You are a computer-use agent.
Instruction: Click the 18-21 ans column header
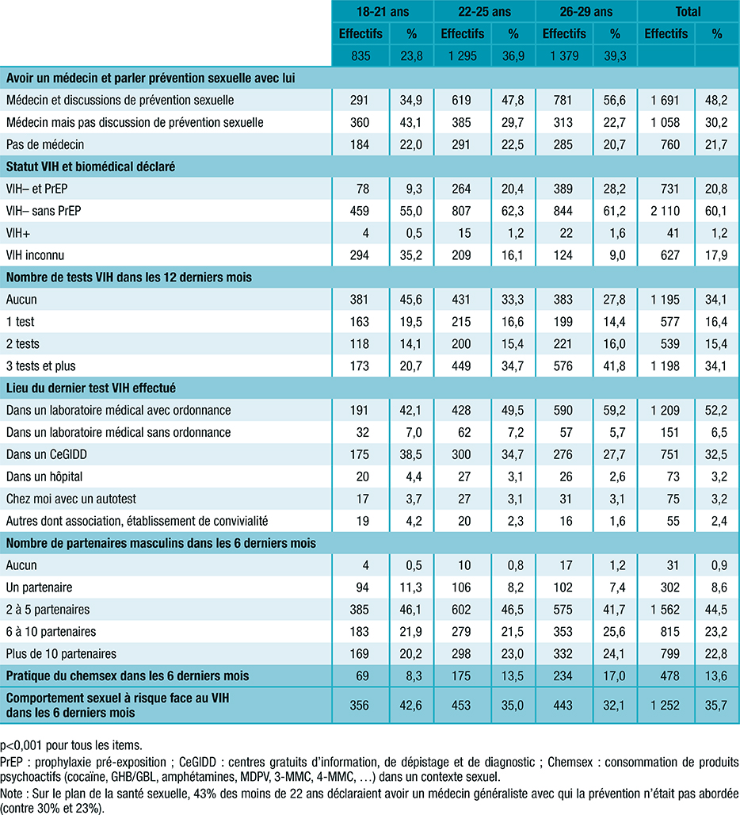coord(383,12)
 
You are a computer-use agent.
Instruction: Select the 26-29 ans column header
coord(586,12)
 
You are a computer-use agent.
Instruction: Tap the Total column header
coord(688,12)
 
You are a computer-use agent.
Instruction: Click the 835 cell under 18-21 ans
coord(360,56)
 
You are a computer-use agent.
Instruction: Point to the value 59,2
coord(615,410)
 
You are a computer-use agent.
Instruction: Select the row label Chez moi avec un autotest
coord(67,499)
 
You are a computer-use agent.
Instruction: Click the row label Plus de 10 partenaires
coord(61,654)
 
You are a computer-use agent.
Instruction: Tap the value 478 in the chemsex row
coord(666,675)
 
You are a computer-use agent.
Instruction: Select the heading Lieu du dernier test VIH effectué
coord(91,388)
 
